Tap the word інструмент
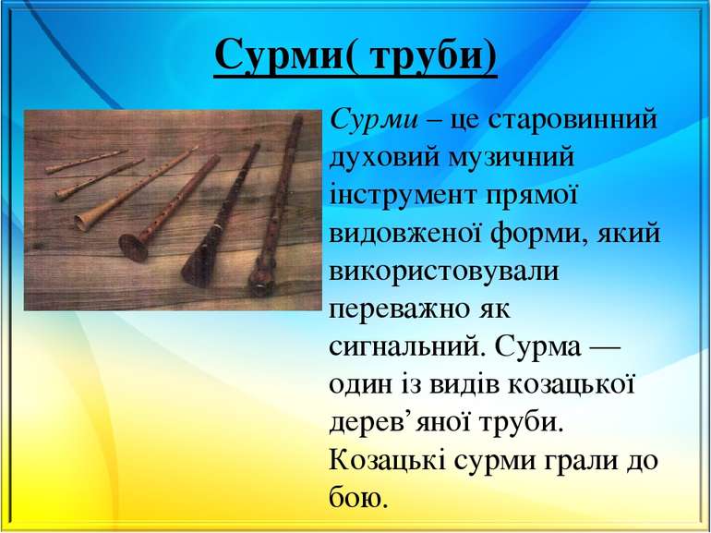(399, 196)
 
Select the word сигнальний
(404, 347)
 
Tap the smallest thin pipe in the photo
(88, 162)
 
